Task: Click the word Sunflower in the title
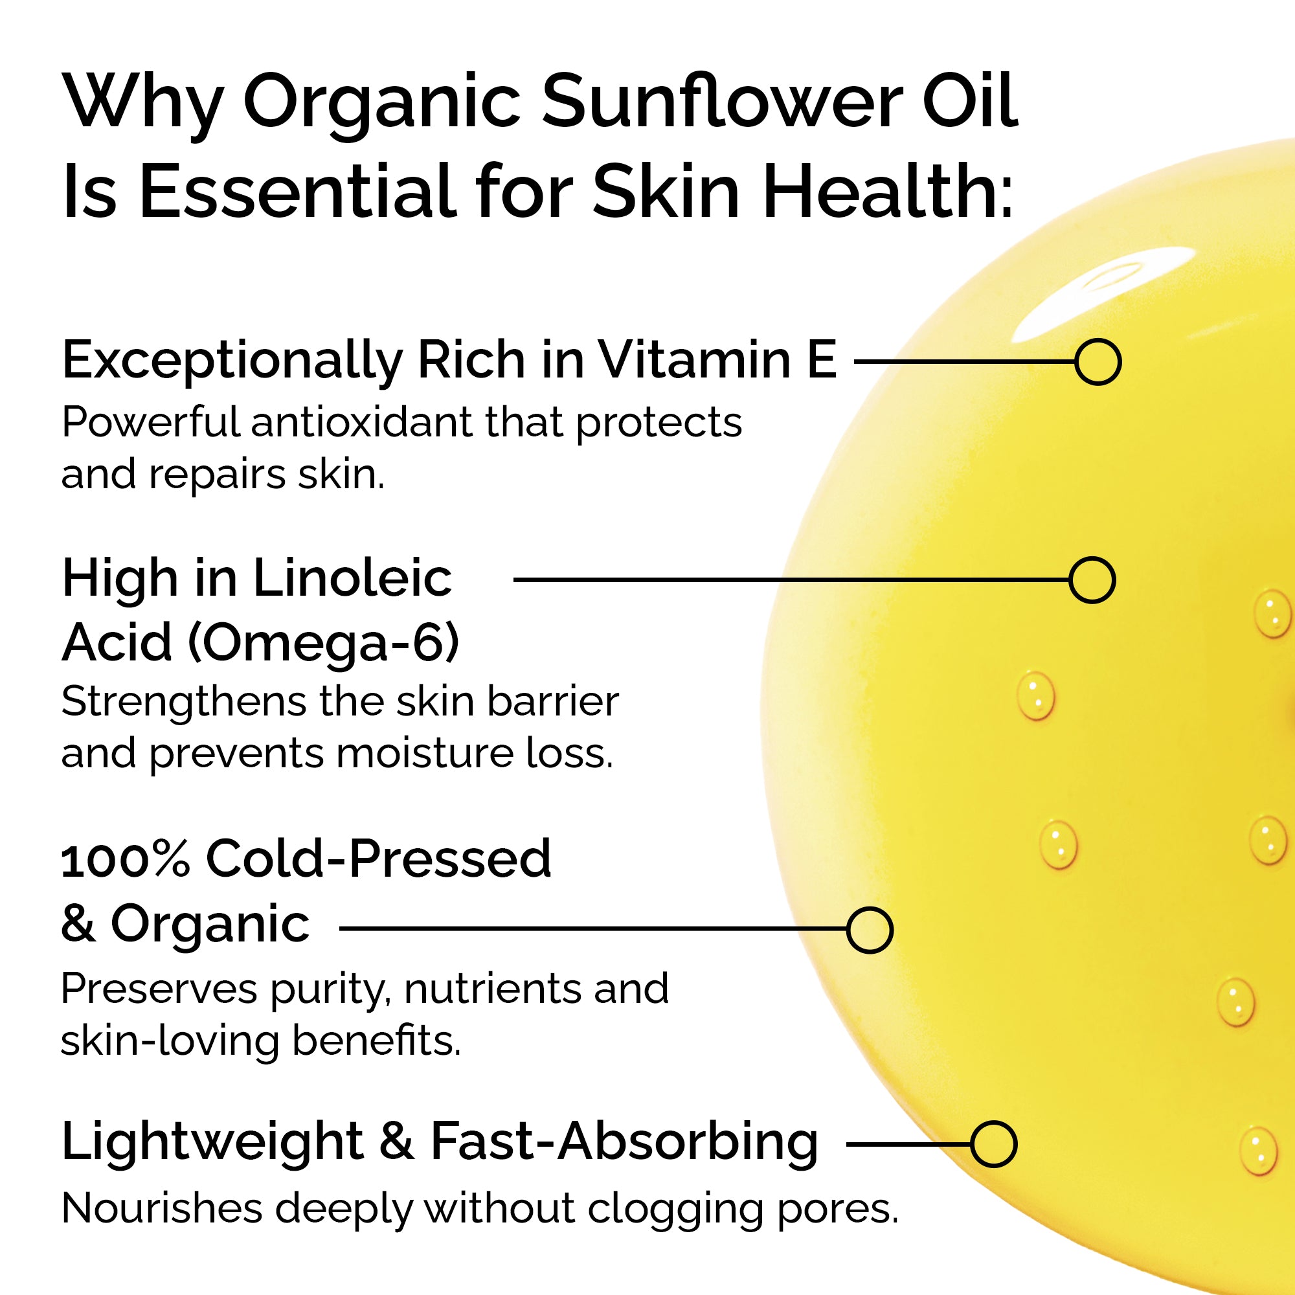(724, 102)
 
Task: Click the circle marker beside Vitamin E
(1098, 362)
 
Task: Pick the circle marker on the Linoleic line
(1092, 580)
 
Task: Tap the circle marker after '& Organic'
(870, 930)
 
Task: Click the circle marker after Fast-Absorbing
(993, 1144)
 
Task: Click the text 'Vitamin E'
(717, 360)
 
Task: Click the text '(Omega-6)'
(323, 642)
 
